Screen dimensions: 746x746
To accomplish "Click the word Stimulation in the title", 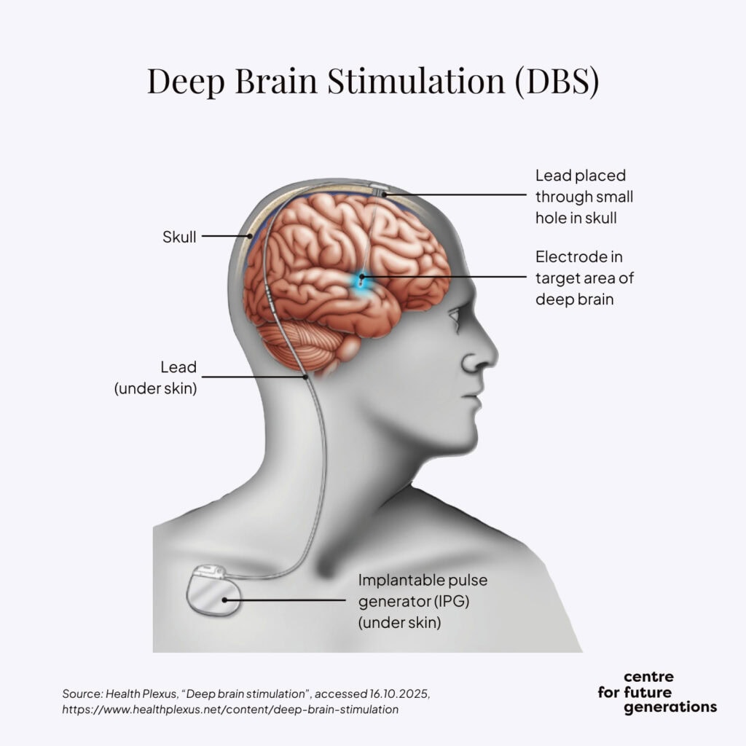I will [x=416, y=81].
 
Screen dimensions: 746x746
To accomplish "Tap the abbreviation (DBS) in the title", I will [x=557, y=81].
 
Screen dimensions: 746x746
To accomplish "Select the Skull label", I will [x=179, y=237].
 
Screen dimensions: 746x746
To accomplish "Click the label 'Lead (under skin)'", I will [x=156, y=377].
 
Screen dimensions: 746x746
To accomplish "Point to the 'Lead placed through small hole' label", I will [x=584, y=197].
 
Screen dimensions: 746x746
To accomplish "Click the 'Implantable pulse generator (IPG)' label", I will [x=423, y=602].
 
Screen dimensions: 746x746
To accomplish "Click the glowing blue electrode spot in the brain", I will [x=361, y=280].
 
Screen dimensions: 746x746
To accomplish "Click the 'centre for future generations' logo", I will [x=656, y=692].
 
